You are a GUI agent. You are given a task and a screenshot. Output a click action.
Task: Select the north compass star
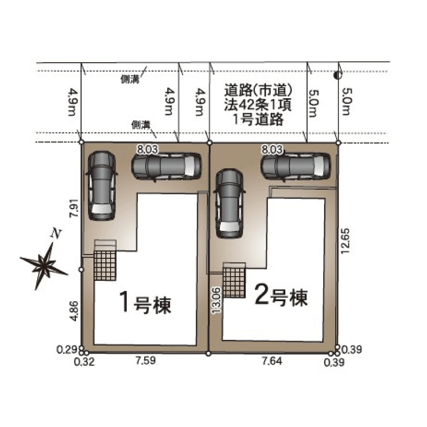click(44, 266)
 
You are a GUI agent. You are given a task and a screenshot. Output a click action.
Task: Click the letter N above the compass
click(56, 234)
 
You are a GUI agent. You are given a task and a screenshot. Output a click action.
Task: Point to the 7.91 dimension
click(74, 208)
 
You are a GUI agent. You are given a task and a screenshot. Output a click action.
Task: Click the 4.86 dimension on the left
click(74, 311)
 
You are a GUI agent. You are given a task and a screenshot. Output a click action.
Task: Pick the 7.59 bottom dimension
click(146, 360)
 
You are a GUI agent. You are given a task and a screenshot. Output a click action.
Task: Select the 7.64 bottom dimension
click(272, 361)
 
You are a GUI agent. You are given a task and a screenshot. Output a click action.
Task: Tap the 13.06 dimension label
click(216, 300)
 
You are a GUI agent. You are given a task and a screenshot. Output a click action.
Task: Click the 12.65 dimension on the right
click(345, 241)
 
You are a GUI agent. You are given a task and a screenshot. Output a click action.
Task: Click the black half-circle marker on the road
click(338, 75)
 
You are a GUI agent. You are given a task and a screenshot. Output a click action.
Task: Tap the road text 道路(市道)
click(258, 90)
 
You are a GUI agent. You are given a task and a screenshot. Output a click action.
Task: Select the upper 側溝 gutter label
click(130, 79)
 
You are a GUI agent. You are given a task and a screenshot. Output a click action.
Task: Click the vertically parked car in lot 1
click(101, 185)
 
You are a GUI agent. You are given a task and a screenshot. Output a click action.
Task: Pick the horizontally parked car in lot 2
click(296, 166)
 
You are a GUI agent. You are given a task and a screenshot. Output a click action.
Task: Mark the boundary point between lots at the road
click(209, 143)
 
